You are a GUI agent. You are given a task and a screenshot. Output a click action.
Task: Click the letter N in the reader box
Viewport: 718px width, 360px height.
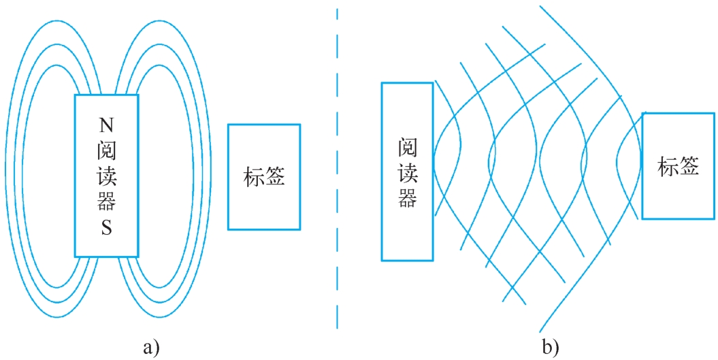[106, 125]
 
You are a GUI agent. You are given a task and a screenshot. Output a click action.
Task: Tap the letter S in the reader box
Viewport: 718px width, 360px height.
[106, 229]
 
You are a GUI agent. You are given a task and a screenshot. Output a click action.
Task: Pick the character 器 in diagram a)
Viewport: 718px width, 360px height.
[106, 201]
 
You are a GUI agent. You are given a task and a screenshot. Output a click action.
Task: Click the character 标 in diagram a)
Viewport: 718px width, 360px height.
[253, 177]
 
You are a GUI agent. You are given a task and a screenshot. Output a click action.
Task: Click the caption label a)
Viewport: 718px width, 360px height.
[151, 348]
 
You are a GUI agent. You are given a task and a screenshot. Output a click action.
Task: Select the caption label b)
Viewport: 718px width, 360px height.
[550, 348]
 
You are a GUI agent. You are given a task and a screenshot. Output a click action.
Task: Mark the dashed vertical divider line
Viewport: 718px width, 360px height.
[337, 170]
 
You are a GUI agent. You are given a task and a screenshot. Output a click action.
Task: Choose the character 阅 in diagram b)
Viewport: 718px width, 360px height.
[407, 147]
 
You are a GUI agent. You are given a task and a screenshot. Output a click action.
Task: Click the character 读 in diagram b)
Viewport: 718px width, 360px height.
[407, 173]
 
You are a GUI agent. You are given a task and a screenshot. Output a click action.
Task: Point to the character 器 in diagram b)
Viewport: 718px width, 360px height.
[407, 199]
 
